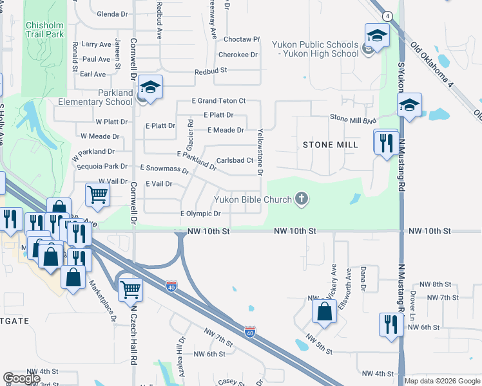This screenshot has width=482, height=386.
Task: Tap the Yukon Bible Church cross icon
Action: tap(301, 199)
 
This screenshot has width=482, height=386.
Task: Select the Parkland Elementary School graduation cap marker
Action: tap(149, 87)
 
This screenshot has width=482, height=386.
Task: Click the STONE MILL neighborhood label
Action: tap(330, 145)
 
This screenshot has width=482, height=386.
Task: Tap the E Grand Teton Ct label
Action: tap(219, 101)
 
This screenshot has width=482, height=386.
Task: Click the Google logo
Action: tap(22, 378)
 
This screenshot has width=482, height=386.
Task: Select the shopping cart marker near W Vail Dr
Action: tap(97, 193)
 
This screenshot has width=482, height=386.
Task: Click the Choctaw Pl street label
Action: tap(238, 39)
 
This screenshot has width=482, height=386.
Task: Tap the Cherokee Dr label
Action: tap(238, 55)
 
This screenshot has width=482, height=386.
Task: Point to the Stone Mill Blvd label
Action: tap(352, 118)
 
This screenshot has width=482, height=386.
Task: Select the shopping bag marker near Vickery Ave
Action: tap(325, 311)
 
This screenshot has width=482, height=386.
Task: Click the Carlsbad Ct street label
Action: tap(233, 160)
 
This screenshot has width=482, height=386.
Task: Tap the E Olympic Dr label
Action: tap(200, 213)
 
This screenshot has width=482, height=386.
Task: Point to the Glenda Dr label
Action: tap(113, 14)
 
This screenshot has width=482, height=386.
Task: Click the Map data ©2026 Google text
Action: tap(442, 381)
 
